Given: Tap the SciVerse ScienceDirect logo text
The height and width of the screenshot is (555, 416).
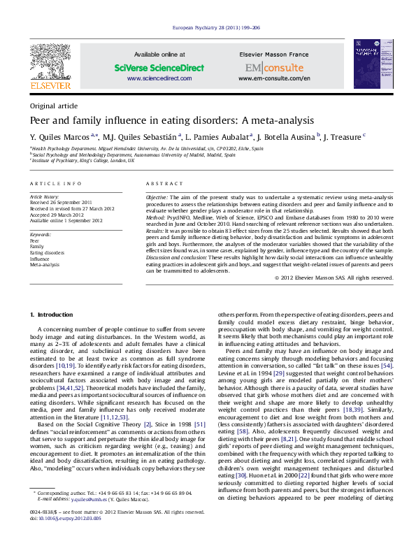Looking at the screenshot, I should click(x=159, y=68).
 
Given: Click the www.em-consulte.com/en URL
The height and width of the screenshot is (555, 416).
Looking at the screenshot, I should click(x=274, y=79).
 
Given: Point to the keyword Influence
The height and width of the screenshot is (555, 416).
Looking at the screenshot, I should click(x=41, y=259).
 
